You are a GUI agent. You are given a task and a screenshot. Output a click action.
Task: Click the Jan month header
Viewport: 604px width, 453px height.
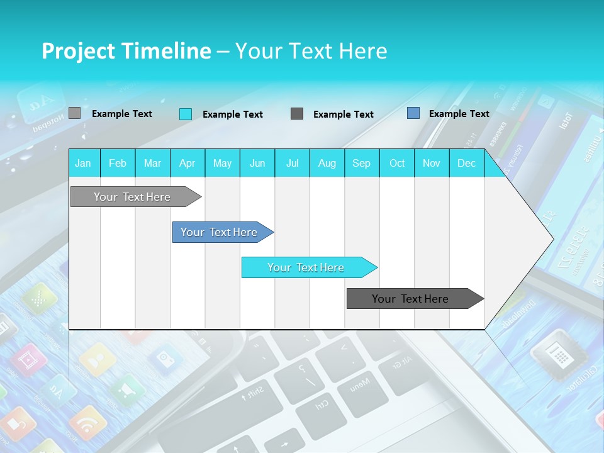point(83,164)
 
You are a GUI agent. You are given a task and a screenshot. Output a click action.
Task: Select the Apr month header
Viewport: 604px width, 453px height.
point(187,164)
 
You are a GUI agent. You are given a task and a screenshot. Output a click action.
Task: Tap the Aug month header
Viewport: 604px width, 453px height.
point(327,164)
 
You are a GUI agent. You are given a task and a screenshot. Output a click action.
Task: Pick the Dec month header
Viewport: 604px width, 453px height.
point(466,164)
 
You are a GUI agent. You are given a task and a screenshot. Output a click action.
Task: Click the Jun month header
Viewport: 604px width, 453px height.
point(257,164)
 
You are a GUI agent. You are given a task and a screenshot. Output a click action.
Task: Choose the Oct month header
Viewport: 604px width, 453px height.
point(397,164)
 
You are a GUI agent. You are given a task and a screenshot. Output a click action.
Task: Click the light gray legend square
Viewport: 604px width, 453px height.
point(74,113)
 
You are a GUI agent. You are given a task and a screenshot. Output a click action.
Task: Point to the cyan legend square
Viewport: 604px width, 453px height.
point(186,114)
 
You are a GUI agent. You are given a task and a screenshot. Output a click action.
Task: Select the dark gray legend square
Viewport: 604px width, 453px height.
point(297,114)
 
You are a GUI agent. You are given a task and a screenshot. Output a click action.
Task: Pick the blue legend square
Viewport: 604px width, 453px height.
point(413,113)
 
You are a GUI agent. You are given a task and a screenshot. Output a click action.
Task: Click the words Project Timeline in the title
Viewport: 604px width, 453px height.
point(126,51)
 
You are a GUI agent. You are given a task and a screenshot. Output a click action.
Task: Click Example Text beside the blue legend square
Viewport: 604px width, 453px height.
point(459,114)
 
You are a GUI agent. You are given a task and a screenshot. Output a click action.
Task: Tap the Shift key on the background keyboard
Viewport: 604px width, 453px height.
point(254,393)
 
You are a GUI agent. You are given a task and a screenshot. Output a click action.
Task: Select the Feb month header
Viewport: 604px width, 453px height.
point(118,164)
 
